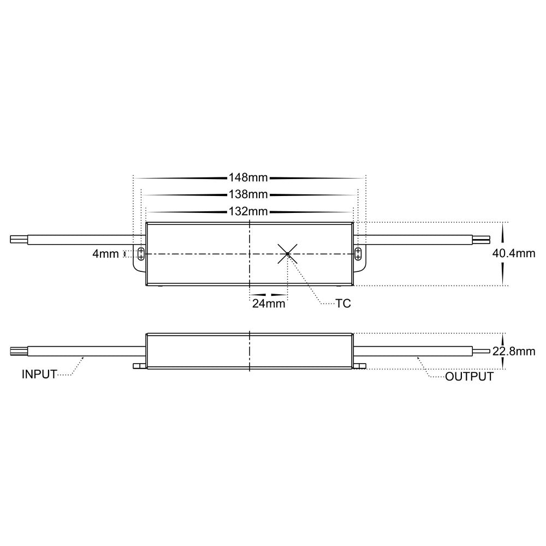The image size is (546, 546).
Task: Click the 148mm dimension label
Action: [x=249, y=177]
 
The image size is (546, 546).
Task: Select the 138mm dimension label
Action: [x=249, y=194]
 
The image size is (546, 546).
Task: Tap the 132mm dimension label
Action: [x=249, y=211]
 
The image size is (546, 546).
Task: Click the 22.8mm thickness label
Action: [x=514, y=351]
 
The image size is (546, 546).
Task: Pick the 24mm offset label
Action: [x=269, y=304]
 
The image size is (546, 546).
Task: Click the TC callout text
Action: [x=343, y=304]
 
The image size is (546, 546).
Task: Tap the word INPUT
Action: [x=39, y=375]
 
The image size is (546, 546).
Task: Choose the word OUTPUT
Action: [x=469, y=377]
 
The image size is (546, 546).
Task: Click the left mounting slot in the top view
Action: [x=141, y=253]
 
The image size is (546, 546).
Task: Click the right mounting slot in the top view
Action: [x=358, y=253]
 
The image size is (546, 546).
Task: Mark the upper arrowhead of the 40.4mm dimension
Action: [x=503, y=226]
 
